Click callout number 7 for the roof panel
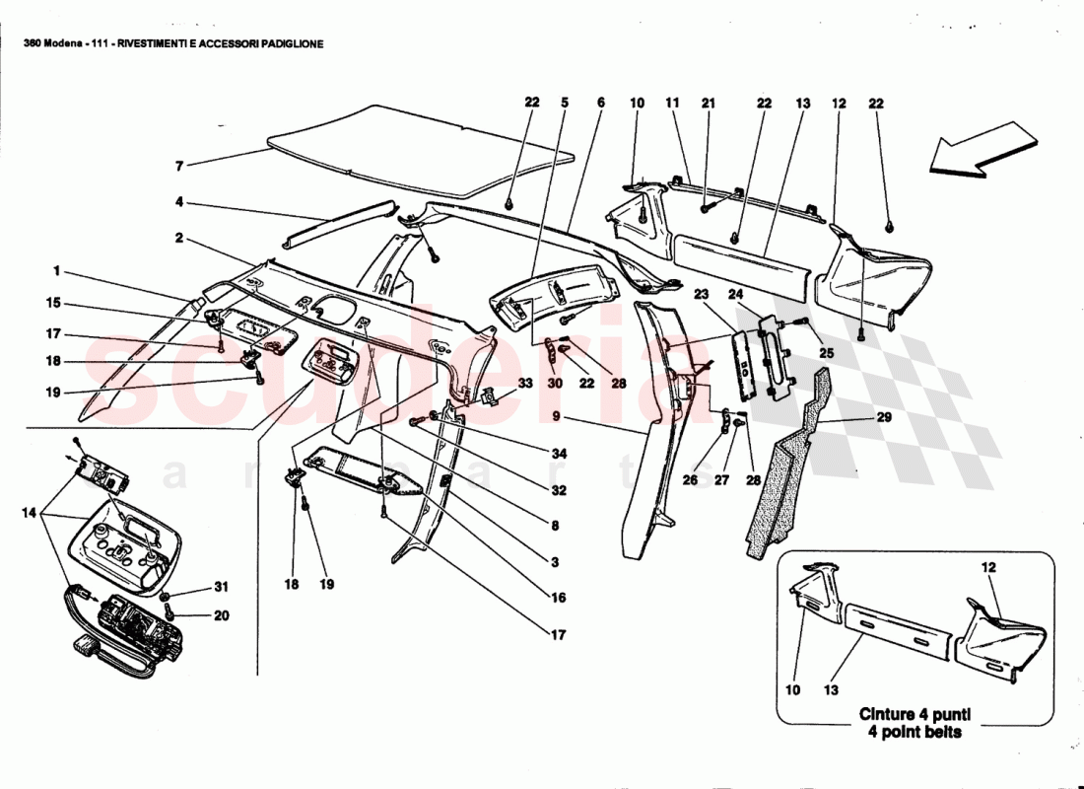(178, 166)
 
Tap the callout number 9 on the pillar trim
(557, 418)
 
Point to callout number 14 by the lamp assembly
(27, 514)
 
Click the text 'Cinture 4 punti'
(909, 714)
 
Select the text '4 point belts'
(909, 732)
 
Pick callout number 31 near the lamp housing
(221, 590)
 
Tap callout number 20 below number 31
(221, 615)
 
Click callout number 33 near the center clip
(525, 383)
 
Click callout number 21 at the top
(707, 103)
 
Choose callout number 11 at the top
(672, 103)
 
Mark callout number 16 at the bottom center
(558, 598)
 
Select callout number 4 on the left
(178, 203)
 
